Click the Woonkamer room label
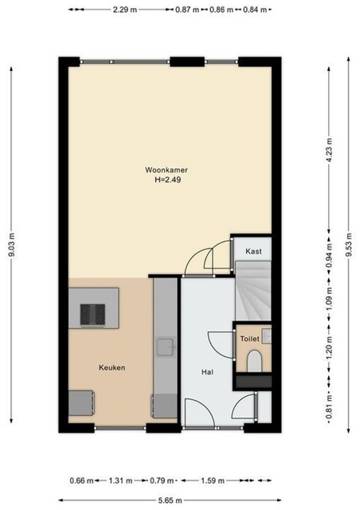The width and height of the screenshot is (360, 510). click(x=166, y=170)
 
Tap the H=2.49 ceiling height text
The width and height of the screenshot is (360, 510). click(x=167, y=179)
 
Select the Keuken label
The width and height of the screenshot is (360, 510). click(x=112, y=367)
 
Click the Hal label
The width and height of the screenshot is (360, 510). click(x=207, y=372)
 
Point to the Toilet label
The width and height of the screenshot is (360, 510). click(x=250, y=339)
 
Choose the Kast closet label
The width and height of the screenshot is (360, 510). click(x=253, y=251)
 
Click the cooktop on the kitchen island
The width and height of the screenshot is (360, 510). click(x=92, y=314)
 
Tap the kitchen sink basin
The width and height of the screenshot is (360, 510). click(x=166, y=347)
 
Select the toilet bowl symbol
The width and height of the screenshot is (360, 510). click(x=254, y=361)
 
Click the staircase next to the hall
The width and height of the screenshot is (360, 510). click(x=253, y=290)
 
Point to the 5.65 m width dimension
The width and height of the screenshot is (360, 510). click(x=170, y=500)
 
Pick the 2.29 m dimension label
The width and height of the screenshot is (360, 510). click(x=125, y=10)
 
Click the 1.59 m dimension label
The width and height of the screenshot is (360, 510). click(x=213, y=481)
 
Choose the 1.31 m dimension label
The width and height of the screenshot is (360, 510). click(x=120, y=481)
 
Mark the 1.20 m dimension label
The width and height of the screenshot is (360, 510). click(x=330, y=348)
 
